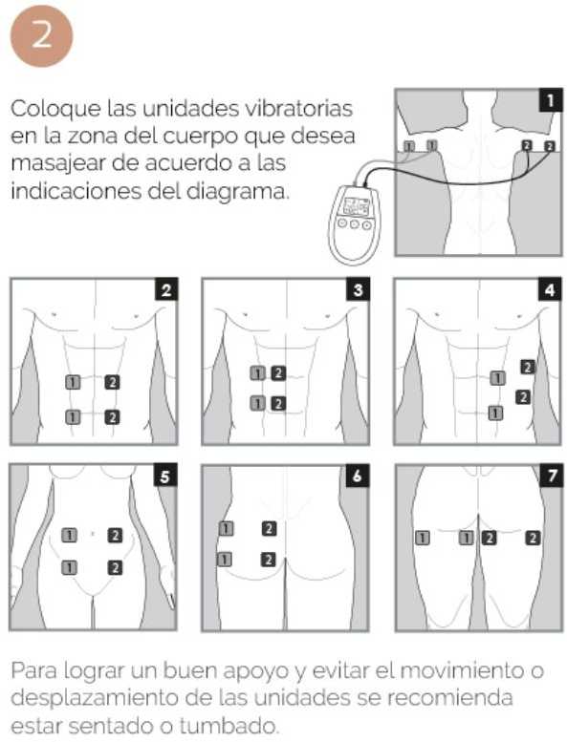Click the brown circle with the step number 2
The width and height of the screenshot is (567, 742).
42,36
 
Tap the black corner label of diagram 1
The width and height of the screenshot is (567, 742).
550,100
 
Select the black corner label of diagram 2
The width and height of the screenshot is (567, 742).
166,289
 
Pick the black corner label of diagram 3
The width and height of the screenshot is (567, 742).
359,289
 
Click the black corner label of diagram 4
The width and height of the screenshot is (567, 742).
550,289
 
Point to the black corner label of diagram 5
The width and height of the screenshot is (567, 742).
165,476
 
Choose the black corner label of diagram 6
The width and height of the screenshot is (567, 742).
358,476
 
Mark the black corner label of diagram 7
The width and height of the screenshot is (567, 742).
552,476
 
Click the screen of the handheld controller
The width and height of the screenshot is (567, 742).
357,206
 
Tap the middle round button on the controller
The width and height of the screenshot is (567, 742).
355,224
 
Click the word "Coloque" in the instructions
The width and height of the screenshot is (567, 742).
56,110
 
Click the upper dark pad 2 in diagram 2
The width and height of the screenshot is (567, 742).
112,382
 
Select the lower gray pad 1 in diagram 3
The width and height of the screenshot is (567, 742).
258,403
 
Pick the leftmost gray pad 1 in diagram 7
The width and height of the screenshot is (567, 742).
423,538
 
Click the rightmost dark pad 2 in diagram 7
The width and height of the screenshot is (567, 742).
533,538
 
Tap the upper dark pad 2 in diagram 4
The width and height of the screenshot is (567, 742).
528,367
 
